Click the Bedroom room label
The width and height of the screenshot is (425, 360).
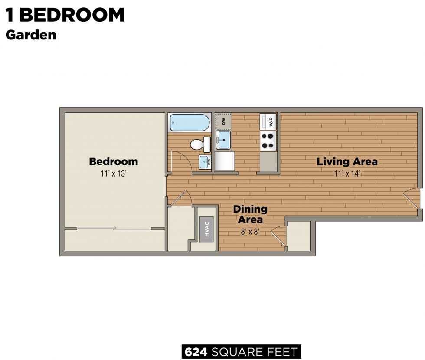click(x=113, y=162)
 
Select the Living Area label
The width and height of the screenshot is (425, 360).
click(x=347, y=162)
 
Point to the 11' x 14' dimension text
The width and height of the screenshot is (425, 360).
click(x=347, y=173)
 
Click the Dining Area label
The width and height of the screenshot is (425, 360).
click(x=250, y=214)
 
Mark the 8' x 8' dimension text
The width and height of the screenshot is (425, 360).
click(x=250, y=231)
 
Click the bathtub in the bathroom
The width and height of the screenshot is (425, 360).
click(x=189, y=122)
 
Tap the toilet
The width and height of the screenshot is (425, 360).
click(x=200, y=144)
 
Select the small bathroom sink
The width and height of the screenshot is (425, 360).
click(x=204, y=162)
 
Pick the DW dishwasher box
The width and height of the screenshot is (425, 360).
click(x=224, y=121)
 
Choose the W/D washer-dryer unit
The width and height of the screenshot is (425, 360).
click(x=268, y=121)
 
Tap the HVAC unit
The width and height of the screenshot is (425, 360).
click(x=207, y=229)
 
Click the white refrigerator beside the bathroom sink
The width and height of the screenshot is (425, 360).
click(x=225, y=160)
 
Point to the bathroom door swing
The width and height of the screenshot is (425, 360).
click(x=179, y=160)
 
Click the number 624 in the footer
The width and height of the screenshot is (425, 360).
click(x=196, y=352)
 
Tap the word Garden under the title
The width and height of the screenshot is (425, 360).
click(x=31, y=35)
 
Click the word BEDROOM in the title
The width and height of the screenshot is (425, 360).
click(x=72, y=15)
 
